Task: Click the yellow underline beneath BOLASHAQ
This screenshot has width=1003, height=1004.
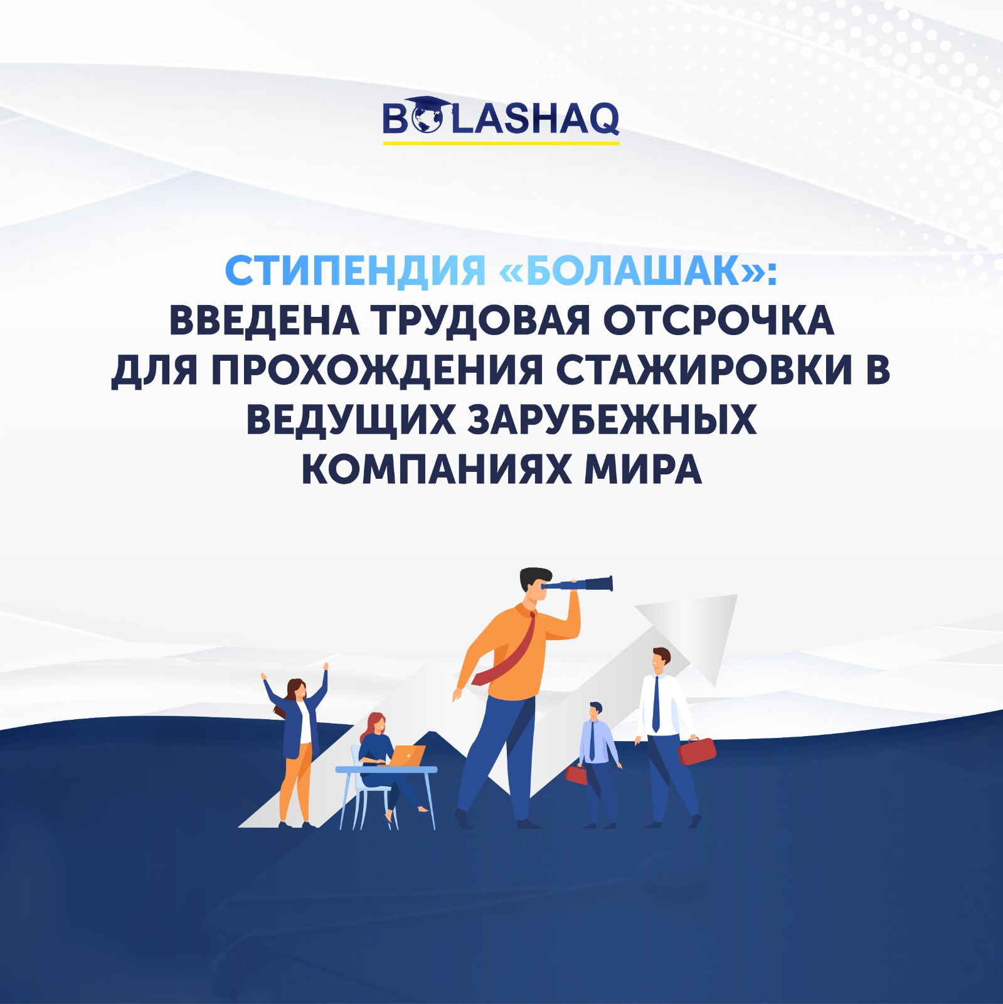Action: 501,143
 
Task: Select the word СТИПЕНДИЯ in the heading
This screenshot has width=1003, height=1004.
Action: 355,271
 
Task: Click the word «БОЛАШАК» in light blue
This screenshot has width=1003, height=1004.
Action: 632,271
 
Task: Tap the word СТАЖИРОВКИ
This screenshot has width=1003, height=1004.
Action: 703,370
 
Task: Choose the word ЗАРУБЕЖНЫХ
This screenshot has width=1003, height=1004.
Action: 612,419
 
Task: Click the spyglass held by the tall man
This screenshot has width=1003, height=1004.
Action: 578,585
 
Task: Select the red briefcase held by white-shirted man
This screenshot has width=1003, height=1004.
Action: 697,751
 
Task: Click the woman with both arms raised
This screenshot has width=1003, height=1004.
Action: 296,744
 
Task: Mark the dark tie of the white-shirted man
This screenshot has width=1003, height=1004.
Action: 656,703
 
